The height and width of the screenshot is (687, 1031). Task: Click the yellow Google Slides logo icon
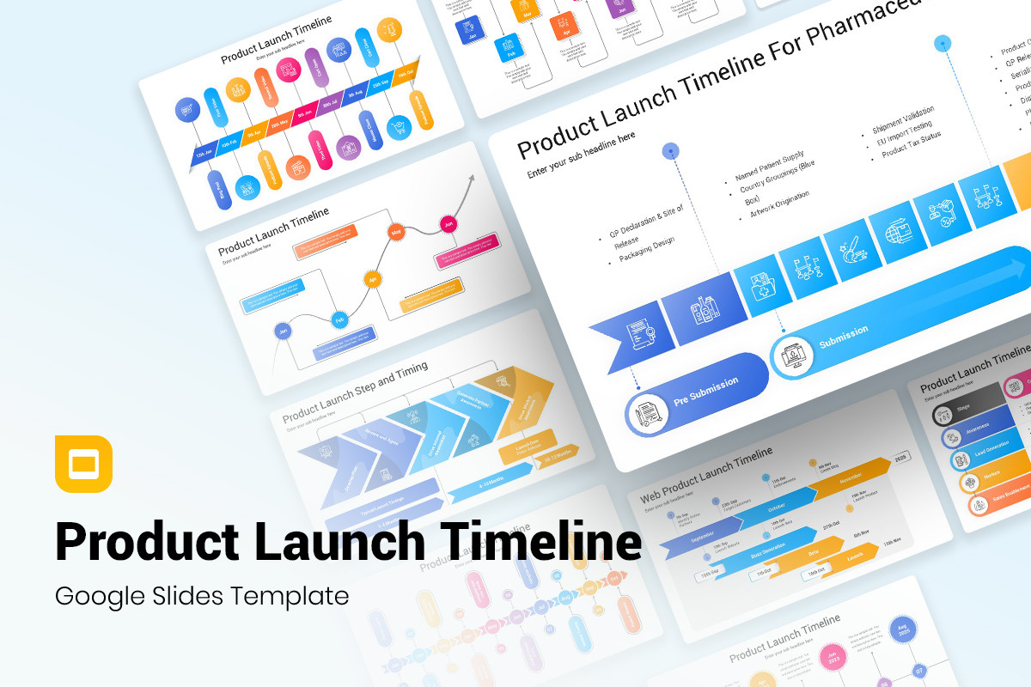coord(83,464)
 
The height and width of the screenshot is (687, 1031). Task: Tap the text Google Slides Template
coord(202,595)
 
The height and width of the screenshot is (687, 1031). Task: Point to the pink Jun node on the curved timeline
coord(448,225)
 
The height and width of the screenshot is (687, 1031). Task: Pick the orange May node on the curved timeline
coord(396,232)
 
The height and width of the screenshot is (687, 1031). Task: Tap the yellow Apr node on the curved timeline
coord(372,279)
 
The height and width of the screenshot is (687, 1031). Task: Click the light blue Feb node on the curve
coord(339,320)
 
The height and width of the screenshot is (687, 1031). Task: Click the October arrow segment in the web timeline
coord(777,507)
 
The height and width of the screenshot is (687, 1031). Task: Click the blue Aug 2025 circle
coord(902,630)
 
